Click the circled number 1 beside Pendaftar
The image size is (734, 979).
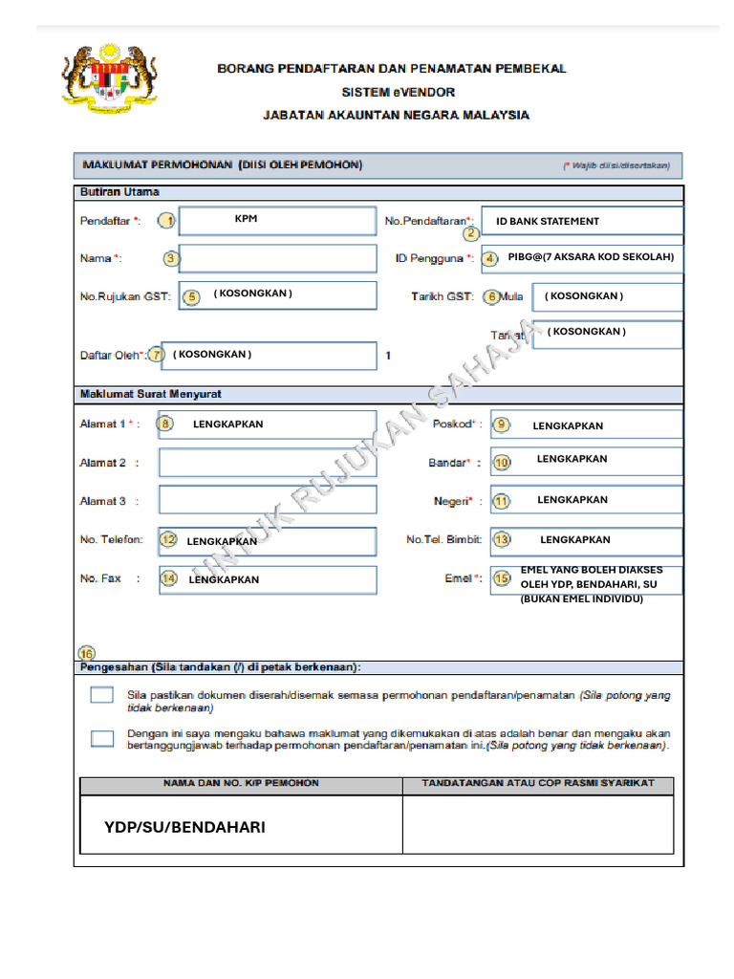coord(167,221)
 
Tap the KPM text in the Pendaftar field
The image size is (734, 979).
coord(246,219)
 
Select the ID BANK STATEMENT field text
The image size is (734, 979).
coord(548,221)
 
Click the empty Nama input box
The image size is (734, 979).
coord(277,258)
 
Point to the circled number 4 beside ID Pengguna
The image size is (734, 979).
coord(489,258)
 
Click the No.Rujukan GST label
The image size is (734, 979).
coord(125,296)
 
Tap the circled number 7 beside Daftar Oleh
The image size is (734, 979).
coord(156,354)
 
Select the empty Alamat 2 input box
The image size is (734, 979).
coord(267,463)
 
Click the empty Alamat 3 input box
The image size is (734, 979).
coord(267,500)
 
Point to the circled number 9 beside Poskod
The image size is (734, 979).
coord(500,424)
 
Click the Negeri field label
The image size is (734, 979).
coord(455,501)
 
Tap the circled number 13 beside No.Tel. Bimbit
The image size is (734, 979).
coord(502,540)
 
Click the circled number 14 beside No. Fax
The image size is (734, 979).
coord(168,578)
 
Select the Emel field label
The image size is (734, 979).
coord(462,578)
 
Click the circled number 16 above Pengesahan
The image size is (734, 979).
coord(87,653)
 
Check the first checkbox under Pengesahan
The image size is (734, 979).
coord(102,695)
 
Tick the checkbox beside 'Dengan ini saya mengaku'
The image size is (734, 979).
coord(102,737)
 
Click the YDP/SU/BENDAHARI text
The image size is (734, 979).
coord(184,827)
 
